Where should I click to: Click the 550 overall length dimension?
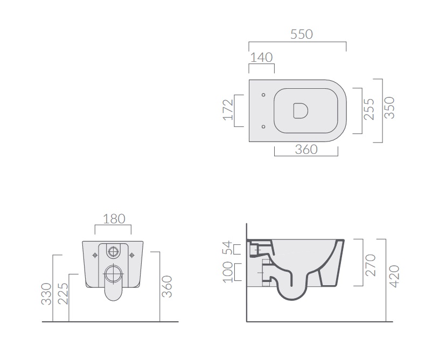[x=301, y=34]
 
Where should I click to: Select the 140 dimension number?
[x=261, y=58]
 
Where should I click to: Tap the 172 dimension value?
[x=228, y=110]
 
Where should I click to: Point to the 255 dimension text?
[x=369, y=109]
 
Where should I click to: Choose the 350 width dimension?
[x=389, y=108]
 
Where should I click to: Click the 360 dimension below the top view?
[x=306, y=150]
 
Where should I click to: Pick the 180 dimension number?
[x=114, y=218]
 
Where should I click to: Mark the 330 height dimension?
[x=46, y=294]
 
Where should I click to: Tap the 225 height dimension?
[x=63, y=294]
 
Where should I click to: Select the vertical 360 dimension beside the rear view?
[x=167, y=286]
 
